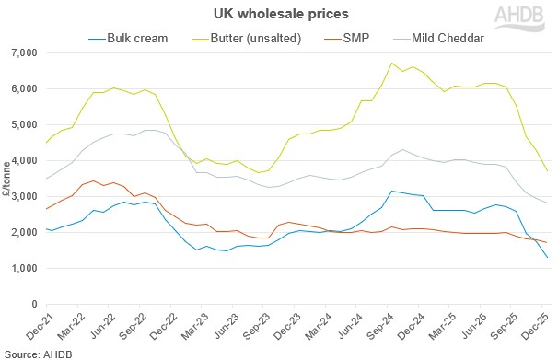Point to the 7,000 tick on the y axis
pos(24,53)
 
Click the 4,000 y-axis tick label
pos(24,160)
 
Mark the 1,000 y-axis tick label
pos(24,268)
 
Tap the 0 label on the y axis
pos(32,304)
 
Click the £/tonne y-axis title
pos(8,179)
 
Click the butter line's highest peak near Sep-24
pos(392,64)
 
